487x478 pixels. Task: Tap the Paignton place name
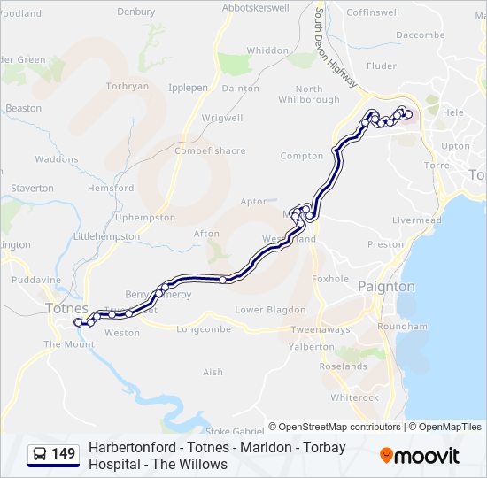pos(386,287)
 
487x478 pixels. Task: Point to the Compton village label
pos(302,156)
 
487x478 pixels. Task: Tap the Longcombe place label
pos(203,329)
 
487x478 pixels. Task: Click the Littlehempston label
pos(106,236)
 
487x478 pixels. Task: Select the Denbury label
pos(135,12)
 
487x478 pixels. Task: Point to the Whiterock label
pos(354,397)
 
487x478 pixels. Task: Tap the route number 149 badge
pos(54,455)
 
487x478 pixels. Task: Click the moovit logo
pos(420,456)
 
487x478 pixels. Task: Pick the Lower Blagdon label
pos(270,310)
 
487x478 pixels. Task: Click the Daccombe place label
pos(421,35)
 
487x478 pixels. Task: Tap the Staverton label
pos(33,188)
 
